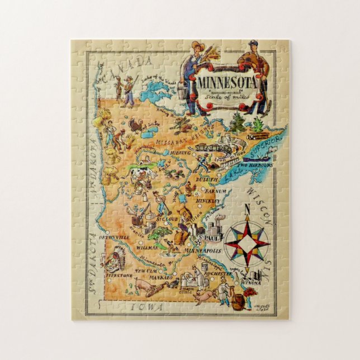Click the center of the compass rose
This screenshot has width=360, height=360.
click(x=247, y=244)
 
